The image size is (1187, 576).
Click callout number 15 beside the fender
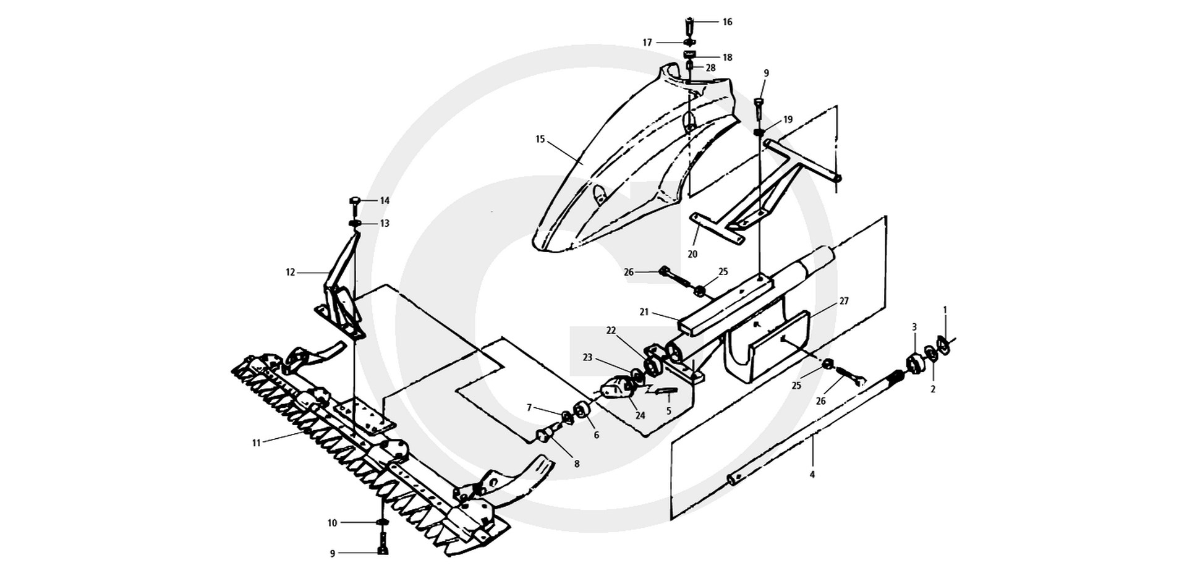540,139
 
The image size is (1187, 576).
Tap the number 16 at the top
727,22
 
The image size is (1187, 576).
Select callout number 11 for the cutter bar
257,443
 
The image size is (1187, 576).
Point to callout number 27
844,302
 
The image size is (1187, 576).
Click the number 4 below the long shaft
812,475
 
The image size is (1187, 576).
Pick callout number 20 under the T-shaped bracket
692,254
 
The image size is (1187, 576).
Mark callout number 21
644,312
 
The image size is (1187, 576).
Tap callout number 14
385,201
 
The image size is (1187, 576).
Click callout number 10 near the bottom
333,523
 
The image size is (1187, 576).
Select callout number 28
710,67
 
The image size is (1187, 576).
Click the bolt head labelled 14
355,200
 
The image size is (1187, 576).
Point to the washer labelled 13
354,223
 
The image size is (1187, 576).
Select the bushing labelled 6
582,410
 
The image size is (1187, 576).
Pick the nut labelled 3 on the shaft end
914,363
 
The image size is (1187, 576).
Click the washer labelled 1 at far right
943,345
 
